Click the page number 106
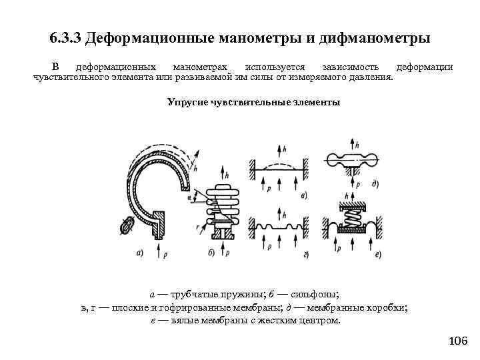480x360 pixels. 458,341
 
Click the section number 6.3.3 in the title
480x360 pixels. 67,38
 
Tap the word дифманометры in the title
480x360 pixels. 373,38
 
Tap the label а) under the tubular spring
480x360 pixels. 139,252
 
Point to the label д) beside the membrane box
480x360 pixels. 377,183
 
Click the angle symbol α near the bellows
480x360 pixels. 191,197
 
